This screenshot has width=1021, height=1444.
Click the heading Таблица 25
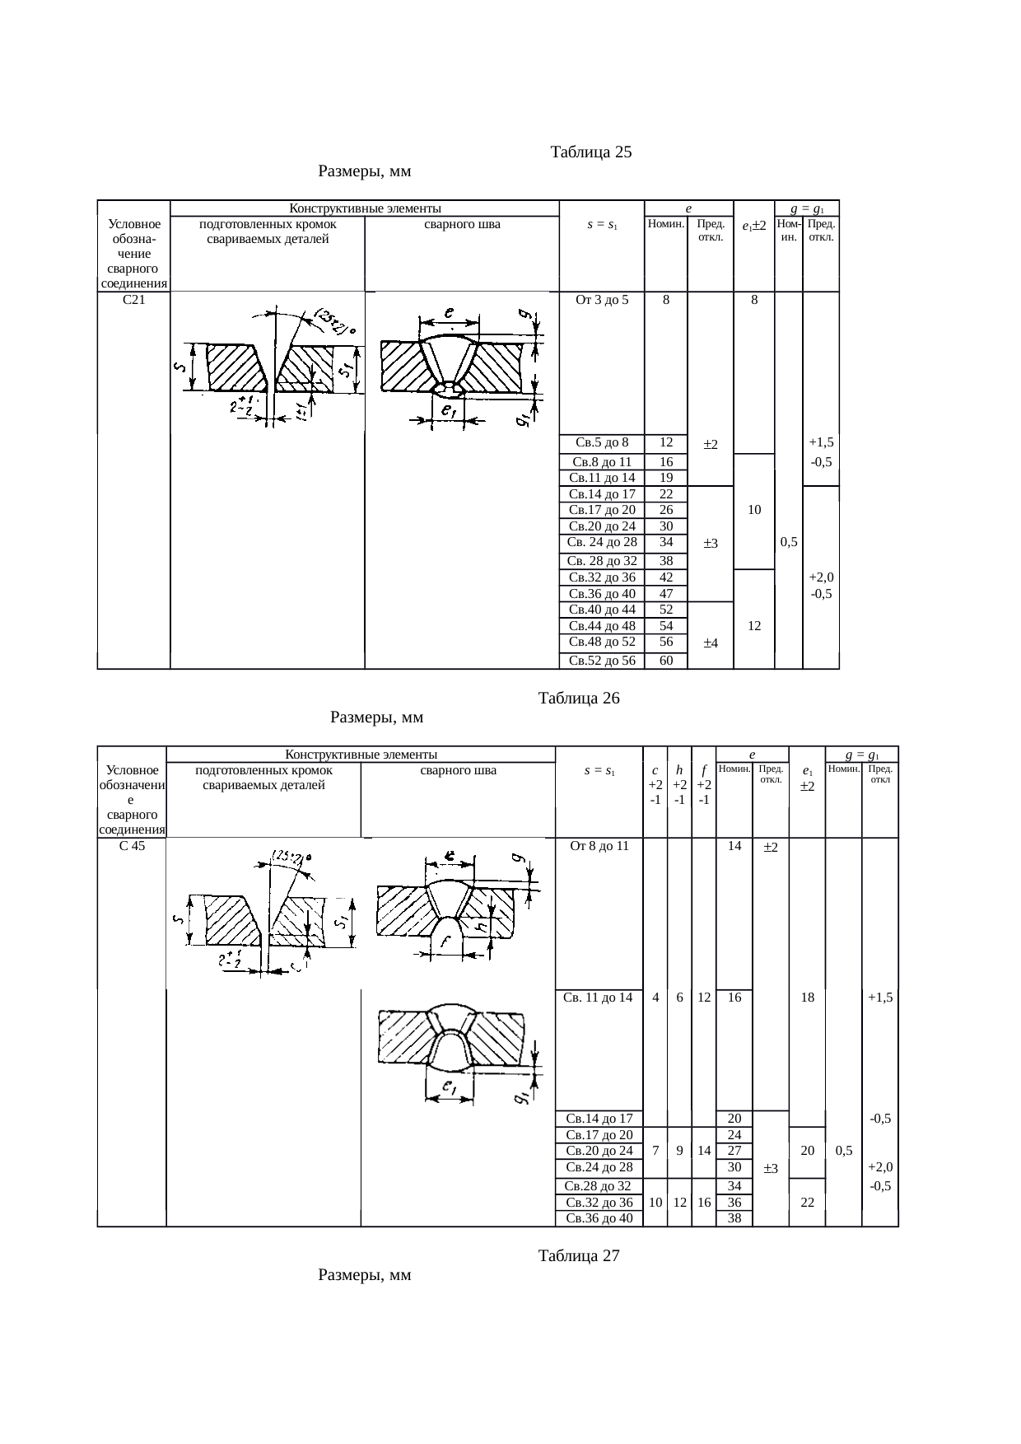591,152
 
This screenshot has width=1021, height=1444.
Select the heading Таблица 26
579,699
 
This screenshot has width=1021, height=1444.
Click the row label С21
133,300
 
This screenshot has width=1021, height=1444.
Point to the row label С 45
132,846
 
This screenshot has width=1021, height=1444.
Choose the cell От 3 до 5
602,300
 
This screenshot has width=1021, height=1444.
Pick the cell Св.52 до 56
602,661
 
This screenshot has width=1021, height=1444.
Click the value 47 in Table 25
667,594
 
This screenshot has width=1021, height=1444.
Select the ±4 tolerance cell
711,643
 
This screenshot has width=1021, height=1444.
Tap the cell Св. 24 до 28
602,542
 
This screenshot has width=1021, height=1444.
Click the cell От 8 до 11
599,846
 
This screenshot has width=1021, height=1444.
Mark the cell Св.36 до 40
599,1218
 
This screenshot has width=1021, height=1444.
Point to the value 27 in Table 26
735,1151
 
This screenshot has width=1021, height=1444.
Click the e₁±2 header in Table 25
754,225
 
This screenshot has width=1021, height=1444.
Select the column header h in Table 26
679,771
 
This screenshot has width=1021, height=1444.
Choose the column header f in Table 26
705,771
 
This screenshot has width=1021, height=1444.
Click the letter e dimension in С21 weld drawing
449,313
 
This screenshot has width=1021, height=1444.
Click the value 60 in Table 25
667,661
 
